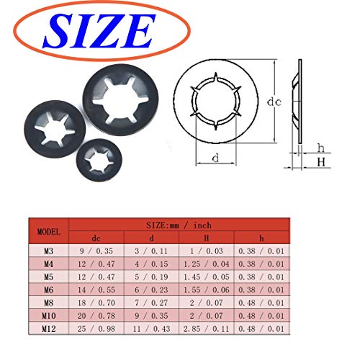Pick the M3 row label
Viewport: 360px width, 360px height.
click(x=49, y=251)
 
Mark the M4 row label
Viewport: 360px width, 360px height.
click(x=49, y=264)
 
